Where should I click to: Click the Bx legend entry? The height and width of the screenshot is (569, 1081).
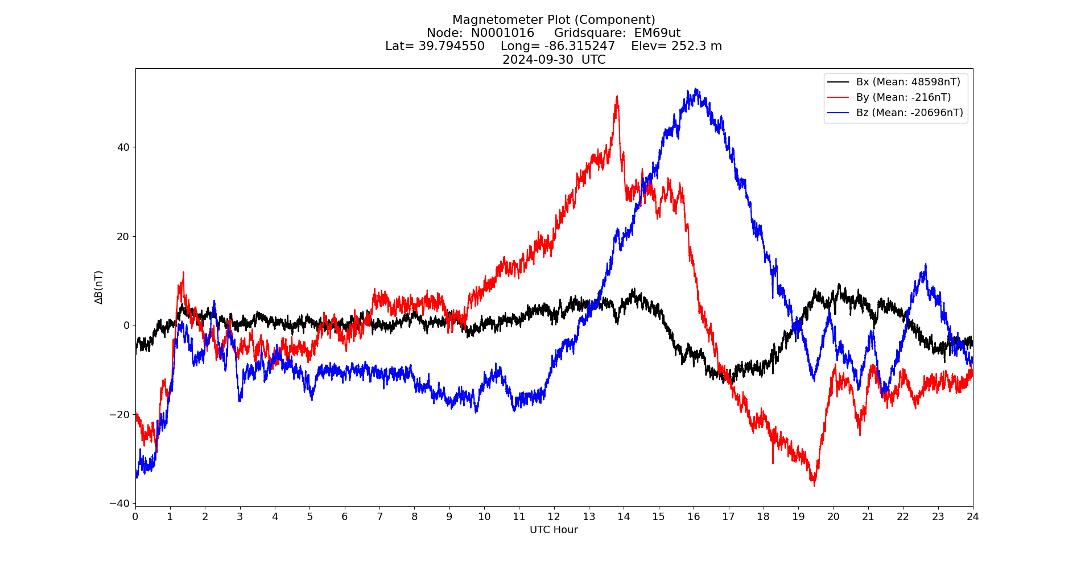click(x=894, y=82)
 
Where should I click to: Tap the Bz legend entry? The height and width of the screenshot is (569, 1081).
click(x=895, y=113)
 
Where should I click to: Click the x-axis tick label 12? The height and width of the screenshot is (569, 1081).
click(x=554, y=517)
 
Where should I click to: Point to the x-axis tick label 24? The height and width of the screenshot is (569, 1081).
click(x=973, y=517)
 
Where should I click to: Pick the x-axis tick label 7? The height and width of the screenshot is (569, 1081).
click(x=379, y=517)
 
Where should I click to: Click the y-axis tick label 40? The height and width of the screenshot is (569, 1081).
click(x=123, y=147)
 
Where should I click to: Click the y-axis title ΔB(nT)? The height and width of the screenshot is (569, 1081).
click(x=99, y=287)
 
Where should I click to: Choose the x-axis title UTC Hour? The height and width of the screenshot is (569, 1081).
click(x=554, y=530)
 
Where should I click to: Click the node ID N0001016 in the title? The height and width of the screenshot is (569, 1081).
click(x=502, y=33)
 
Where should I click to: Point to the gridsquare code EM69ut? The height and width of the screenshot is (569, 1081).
click(x=657, y=33)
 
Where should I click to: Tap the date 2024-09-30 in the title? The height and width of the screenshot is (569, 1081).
click(x=538, y=60)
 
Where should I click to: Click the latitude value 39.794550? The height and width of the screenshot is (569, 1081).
click(x=452, y=46)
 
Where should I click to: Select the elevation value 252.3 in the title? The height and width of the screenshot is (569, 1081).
click(x=690, y=46)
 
